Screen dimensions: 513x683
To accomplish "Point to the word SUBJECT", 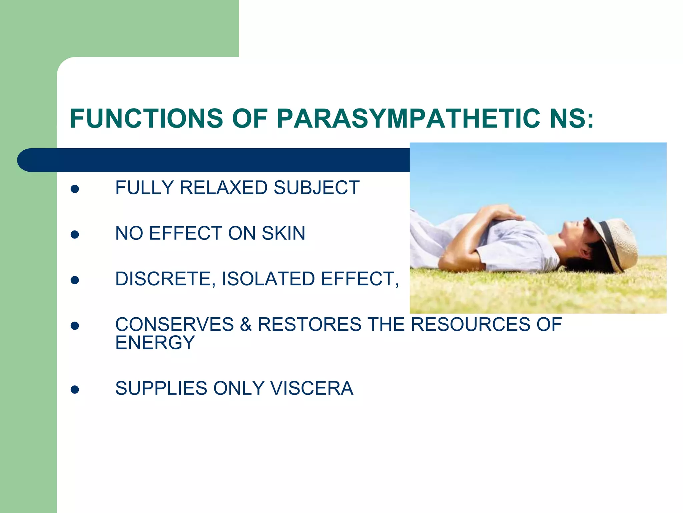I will (x=316, y=187).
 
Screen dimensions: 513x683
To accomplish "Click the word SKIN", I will (x=283, y=233).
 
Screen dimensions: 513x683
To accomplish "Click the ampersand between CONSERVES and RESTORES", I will (x=246, y=324).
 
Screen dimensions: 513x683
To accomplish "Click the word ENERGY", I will (x=155, y=343).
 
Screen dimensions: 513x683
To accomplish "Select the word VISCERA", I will (x=311, y=388).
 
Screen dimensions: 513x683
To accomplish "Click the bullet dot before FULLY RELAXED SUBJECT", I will (x=75, y=189).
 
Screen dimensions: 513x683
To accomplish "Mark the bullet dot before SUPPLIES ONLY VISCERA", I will (x=75, y=390).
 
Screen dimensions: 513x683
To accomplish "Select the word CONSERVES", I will (x=174, y=324).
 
